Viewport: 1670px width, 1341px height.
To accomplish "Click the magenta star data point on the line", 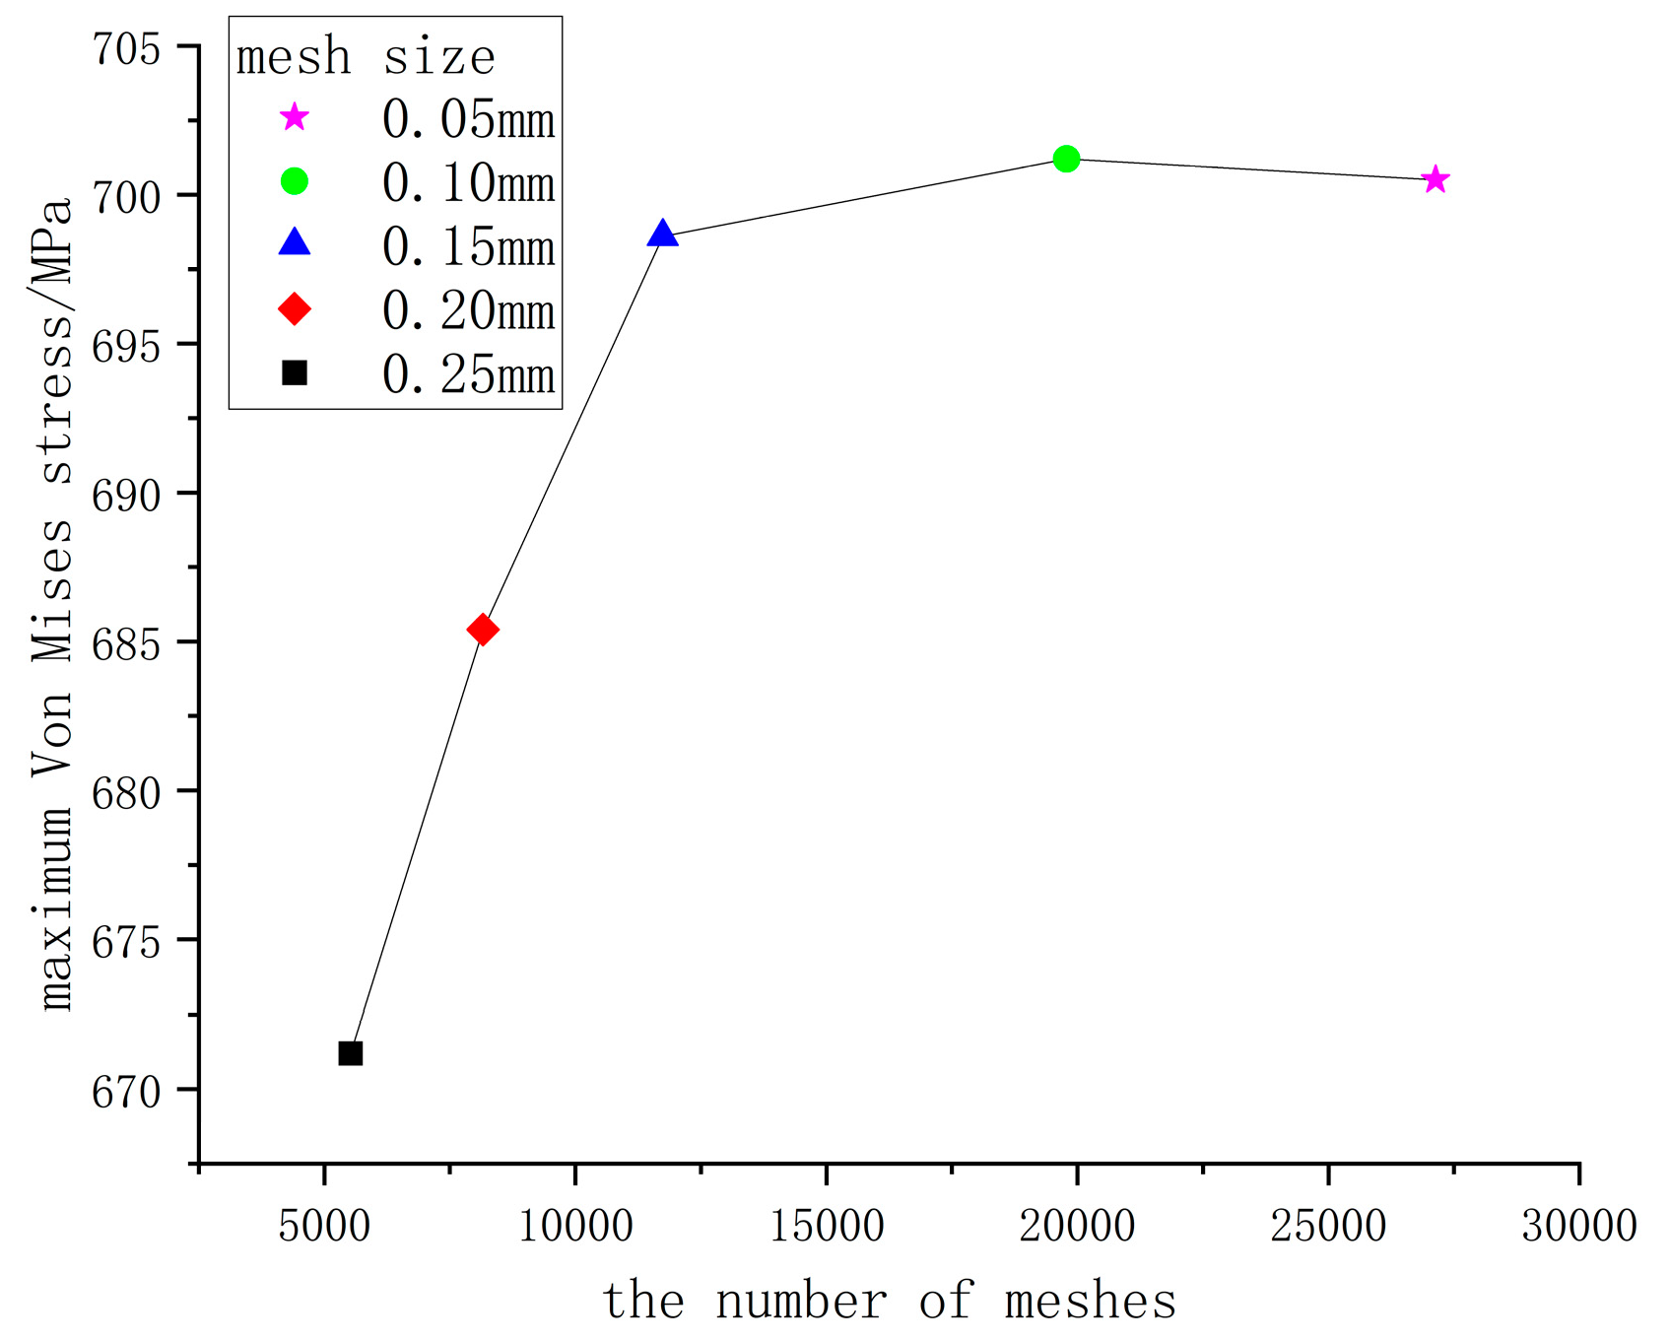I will coord(1436,179).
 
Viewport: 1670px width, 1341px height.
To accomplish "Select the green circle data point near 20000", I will coord(1066,159).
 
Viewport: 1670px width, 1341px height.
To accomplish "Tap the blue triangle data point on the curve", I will coord(663,235).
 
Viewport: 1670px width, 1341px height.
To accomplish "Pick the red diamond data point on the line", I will coord(482,630).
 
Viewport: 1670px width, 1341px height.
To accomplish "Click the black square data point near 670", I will coord(351,1053).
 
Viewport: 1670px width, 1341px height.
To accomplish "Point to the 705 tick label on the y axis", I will coord(126,48).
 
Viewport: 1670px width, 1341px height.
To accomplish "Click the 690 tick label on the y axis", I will coord(126,495).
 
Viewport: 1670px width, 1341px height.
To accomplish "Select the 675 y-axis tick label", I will coord(126,942).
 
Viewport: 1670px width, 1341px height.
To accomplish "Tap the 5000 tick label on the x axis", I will coord(324,1227).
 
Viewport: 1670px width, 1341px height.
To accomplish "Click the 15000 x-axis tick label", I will coord(826,1227).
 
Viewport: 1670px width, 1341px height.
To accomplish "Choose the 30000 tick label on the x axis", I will coord(1578,1227).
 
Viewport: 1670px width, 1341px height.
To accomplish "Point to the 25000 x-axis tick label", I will coord(1328,1227).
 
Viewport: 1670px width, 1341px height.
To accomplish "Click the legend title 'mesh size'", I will coord(366,57).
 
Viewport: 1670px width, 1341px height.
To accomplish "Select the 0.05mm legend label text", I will coord(469,120).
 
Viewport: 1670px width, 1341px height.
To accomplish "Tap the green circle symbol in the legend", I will coord(295,181).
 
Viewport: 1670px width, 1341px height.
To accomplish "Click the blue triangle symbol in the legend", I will coord(295,243).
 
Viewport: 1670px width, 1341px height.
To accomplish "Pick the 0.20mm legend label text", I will coord(469,311).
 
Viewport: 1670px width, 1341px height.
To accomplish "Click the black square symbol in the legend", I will coord(295,373).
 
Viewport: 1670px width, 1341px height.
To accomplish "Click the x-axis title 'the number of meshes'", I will coord(889,1301).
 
